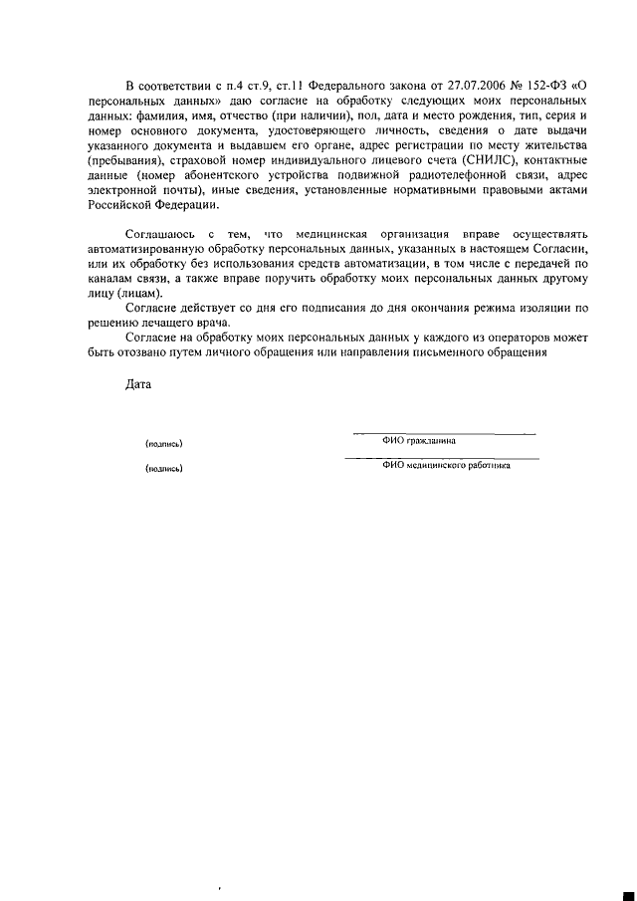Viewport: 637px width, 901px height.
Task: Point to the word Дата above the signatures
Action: tap(138, 384)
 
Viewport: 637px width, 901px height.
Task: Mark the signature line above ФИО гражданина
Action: tap(444, 433)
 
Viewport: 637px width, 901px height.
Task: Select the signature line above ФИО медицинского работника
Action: tap(441, 458)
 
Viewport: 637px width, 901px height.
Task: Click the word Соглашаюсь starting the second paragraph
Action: tap(162, 231)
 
